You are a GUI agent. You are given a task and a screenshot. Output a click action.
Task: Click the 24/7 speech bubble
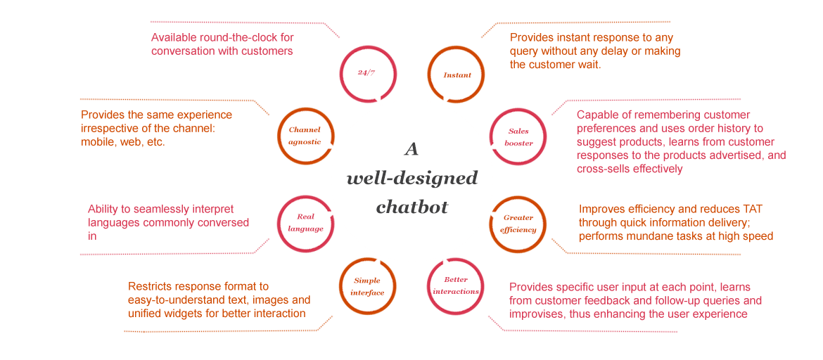366,73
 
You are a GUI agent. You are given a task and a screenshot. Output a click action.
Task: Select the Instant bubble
457,75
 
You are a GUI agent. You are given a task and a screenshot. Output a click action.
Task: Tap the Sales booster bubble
518,137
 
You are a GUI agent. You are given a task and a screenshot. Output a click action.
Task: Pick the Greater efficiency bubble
518,224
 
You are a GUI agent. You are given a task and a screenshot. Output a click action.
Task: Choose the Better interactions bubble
456,285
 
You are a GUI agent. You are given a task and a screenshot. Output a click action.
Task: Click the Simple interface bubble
368,286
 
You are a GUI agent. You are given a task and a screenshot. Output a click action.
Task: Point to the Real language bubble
305,223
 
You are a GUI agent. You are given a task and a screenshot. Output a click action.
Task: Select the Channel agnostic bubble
305,135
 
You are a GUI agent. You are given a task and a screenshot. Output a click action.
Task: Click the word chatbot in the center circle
412,207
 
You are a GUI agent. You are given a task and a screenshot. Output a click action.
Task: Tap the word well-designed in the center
412,178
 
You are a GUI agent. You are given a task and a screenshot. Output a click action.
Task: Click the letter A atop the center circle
412,149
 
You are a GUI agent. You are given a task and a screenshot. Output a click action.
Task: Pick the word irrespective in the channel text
113,129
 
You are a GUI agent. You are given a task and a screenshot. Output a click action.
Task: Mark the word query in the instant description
525,51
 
